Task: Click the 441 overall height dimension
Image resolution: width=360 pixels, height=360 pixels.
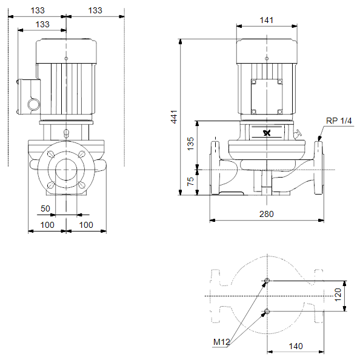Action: (x=175, y=117)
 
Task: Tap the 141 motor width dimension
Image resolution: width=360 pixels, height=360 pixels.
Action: (x=267, y=20)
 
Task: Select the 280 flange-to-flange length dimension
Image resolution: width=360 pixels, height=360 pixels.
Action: (x=267, y=214)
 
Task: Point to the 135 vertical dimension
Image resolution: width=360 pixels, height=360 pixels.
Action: (x=190, y=144)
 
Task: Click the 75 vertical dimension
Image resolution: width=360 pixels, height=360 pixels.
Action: (x=190, y=181)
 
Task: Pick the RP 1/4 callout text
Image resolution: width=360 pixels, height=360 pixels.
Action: (x=339, y=121)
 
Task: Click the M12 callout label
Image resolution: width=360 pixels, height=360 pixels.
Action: (x=222, y=342)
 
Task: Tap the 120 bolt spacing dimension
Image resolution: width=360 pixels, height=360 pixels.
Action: (x=338, y=295)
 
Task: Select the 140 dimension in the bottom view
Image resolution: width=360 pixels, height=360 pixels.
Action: (x=296, y=346)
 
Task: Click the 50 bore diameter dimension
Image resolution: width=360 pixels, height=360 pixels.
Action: (x=45, y=208)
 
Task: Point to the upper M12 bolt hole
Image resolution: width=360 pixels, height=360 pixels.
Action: (x=267, y=281)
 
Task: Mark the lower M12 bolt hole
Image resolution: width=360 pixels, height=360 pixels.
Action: (x=267, y=312)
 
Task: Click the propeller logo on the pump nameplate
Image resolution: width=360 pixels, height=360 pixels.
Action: (x=267, y=133)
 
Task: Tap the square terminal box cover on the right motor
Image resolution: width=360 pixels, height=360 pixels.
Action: (x=267, y=96)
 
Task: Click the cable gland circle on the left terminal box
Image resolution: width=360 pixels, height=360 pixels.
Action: (x=34, y=104)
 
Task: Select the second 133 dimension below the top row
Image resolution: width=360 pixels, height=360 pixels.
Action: (x=42, y=24)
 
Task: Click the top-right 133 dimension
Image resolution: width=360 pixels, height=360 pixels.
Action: (x=95, y=10)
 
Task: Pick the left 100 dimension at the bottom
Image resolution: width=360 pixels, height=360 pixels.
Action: (x=47, y=225)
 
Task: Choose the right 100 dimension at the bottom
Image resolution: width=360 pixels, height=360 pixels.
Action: (x=86, y=225)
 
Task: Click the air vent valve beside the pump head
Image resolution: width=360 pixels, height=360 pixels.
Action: (x=298, y=134)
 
